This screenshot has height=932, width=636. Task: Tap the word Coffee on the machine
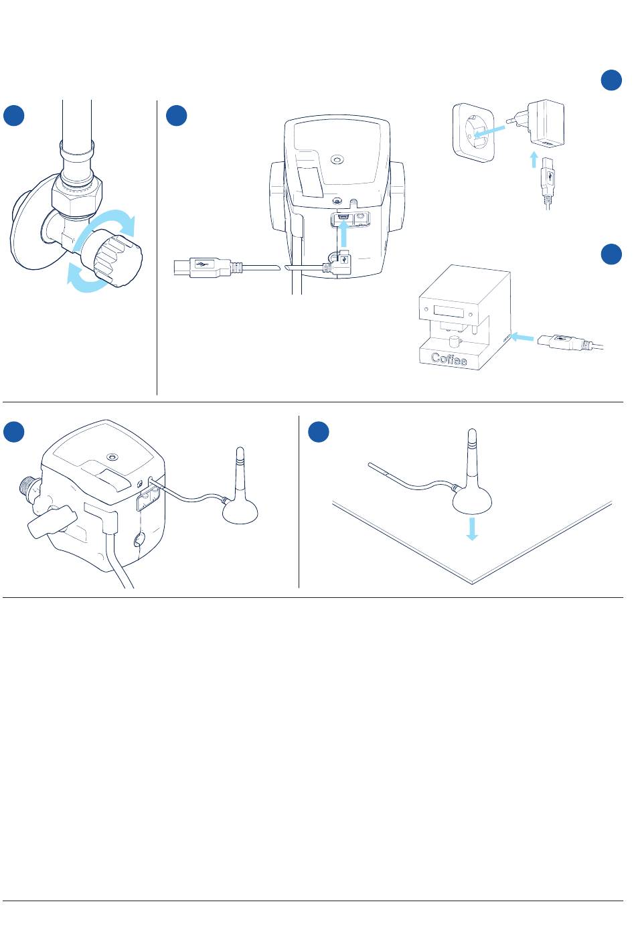tap(449, 358)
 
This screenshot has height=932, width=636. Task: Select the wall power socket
tap(474, 133)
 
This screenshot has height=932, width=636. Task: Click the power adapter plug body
tap(546, 123)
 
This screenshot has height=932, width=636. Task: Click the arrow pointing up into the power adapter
tap(534, 159)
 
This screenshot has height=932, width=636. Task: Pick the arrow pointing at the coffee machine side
tap(522, 337)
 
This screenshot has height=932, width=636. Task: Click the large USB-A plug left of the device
tap(202, 266)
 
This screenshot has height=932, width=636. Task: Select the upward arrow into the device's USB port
tap(343, 234)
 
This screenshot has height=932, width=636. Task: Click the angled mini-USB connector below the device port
tap(339, 263)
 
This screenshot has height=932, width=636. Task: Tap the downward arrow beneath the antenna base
tap(471, 528)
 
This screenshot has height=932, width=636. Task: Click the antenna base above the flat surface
tap(472, 501)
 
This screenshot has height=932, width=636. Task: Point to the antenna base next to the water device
tap(240, 510)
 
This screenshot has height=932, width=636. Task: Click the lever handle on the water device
tap(52, 522)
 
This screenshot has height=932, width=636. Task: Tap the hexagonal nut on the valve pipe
tap(76, 196)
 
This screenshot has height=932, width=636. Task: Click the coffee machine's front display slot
tap(448, 312)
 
